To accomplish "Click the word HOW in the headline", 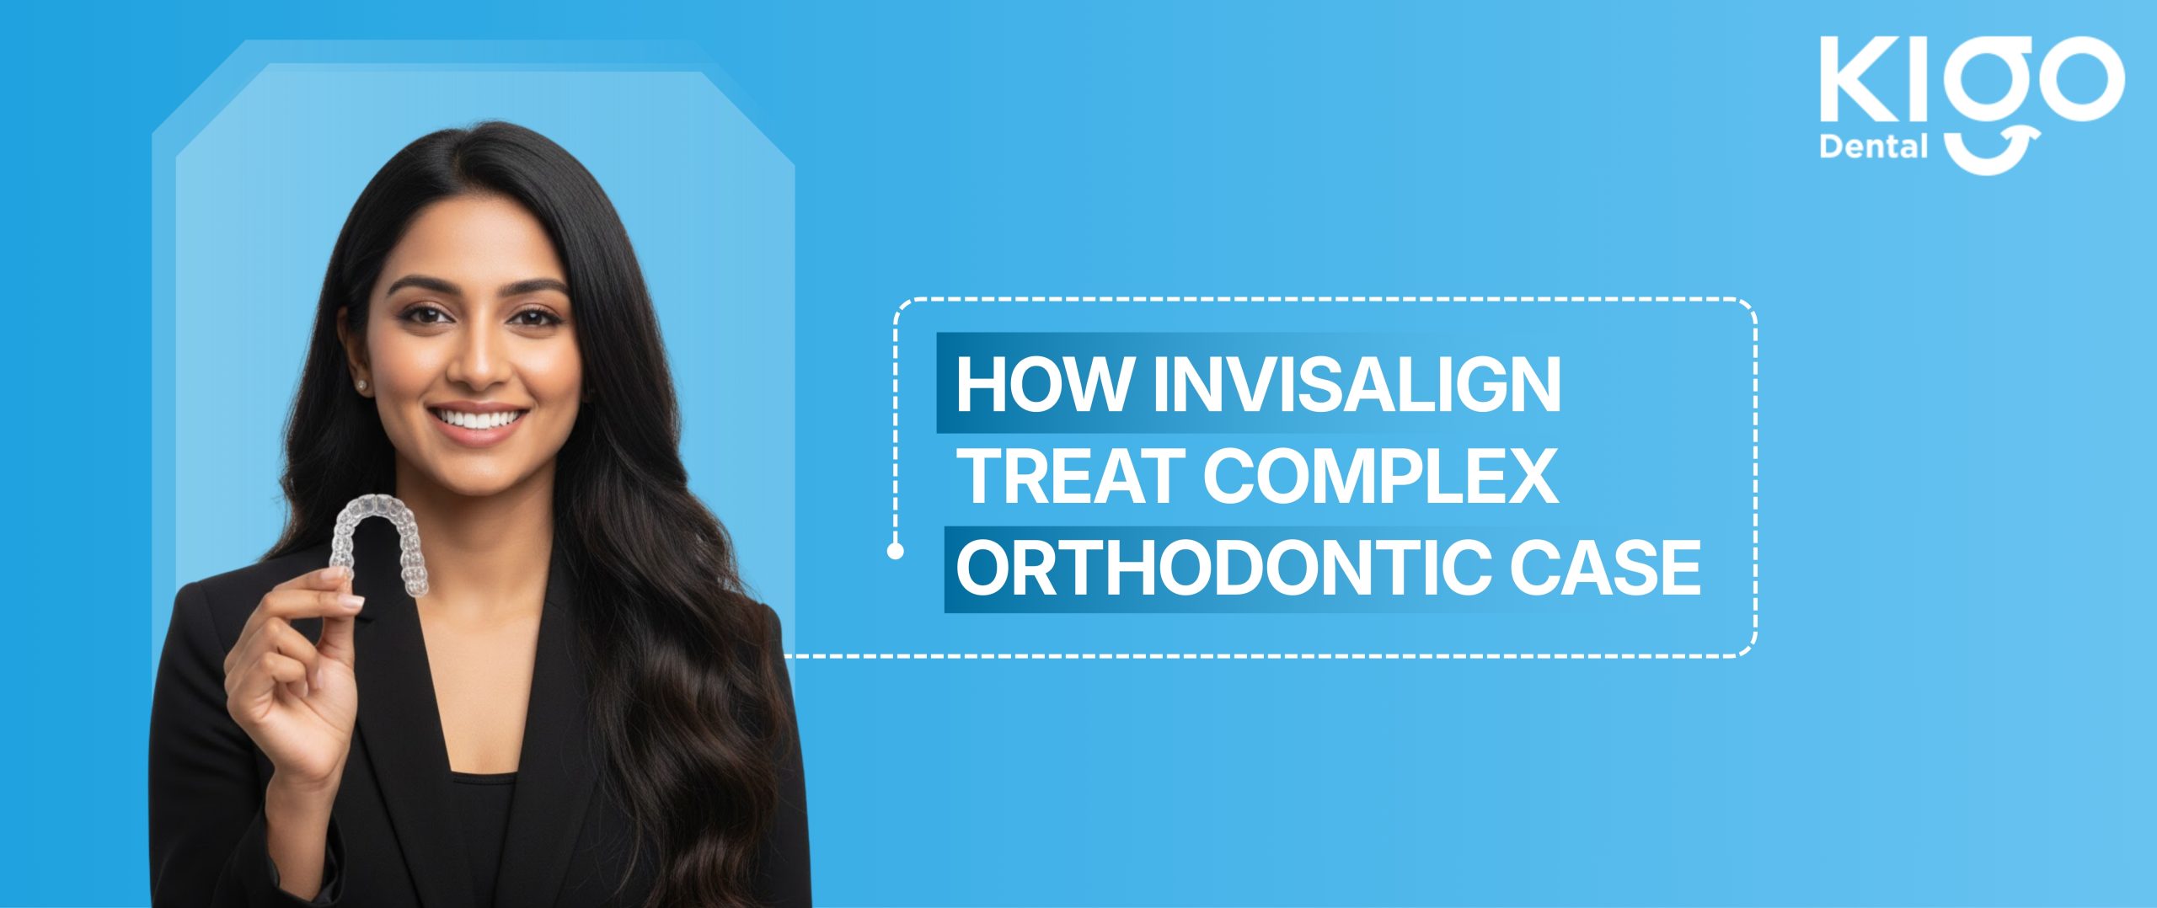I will click(x=1044, y=385).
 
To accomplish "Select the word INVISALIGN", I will click(x=1356, y=385).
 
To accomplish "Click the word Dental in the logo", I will click(x=1873, y=148).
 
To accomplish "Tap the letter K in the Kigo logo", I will click(x=1863, y=79).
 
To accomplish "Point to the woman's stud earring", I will click(x=363, y=384).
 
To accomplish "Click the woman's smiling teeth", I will click(x=477, y=418).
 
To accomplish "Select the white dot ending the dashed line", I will click(x=896, y=552).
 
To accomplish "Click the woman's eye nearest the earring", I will click(x=430, y=316).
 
